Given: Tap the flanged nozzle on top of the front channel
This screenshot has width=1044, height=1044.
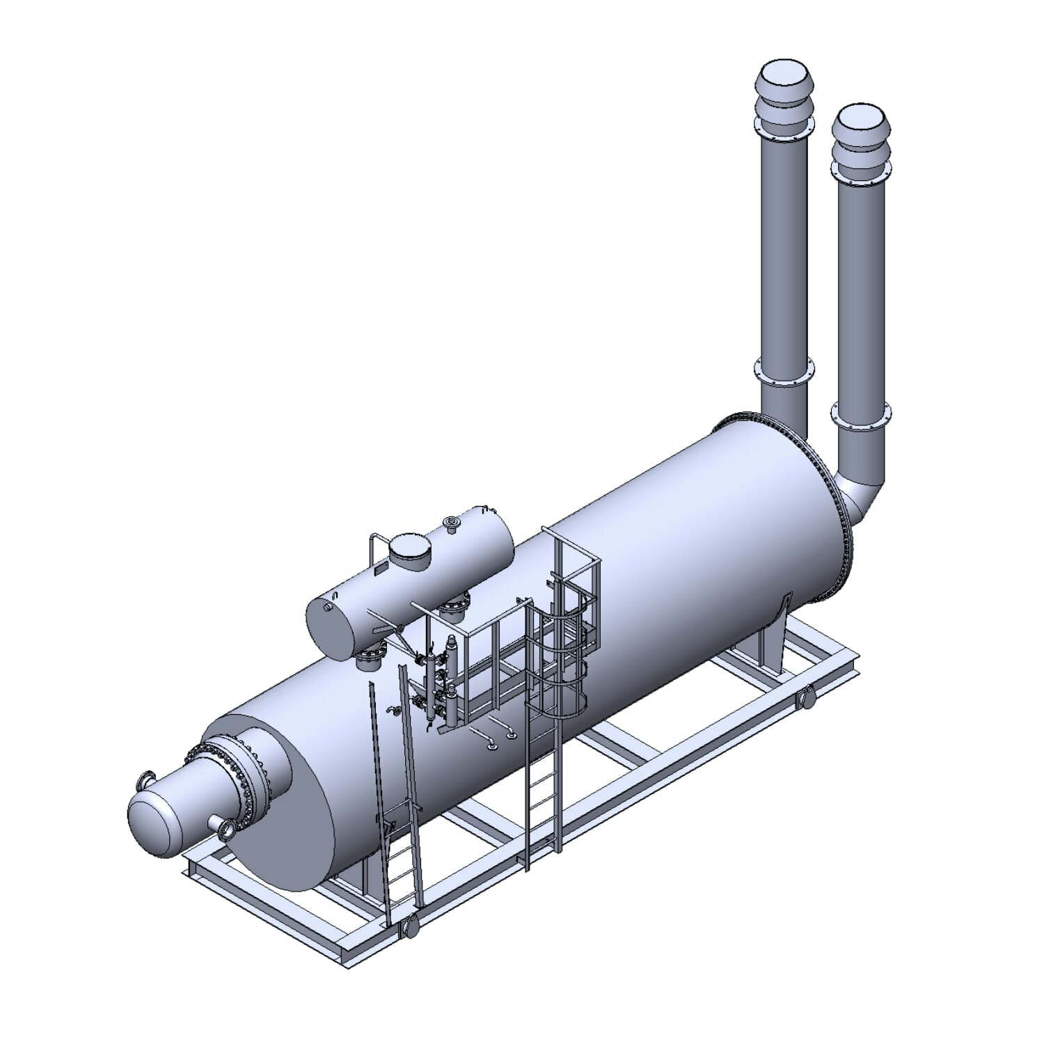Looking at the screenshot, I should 147,781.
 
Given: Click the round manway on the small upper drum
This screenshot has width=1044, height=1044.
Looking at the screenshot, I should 409,551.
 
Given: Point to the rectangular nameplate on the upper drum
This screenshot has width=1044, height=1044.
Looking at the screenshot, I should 379,569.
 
